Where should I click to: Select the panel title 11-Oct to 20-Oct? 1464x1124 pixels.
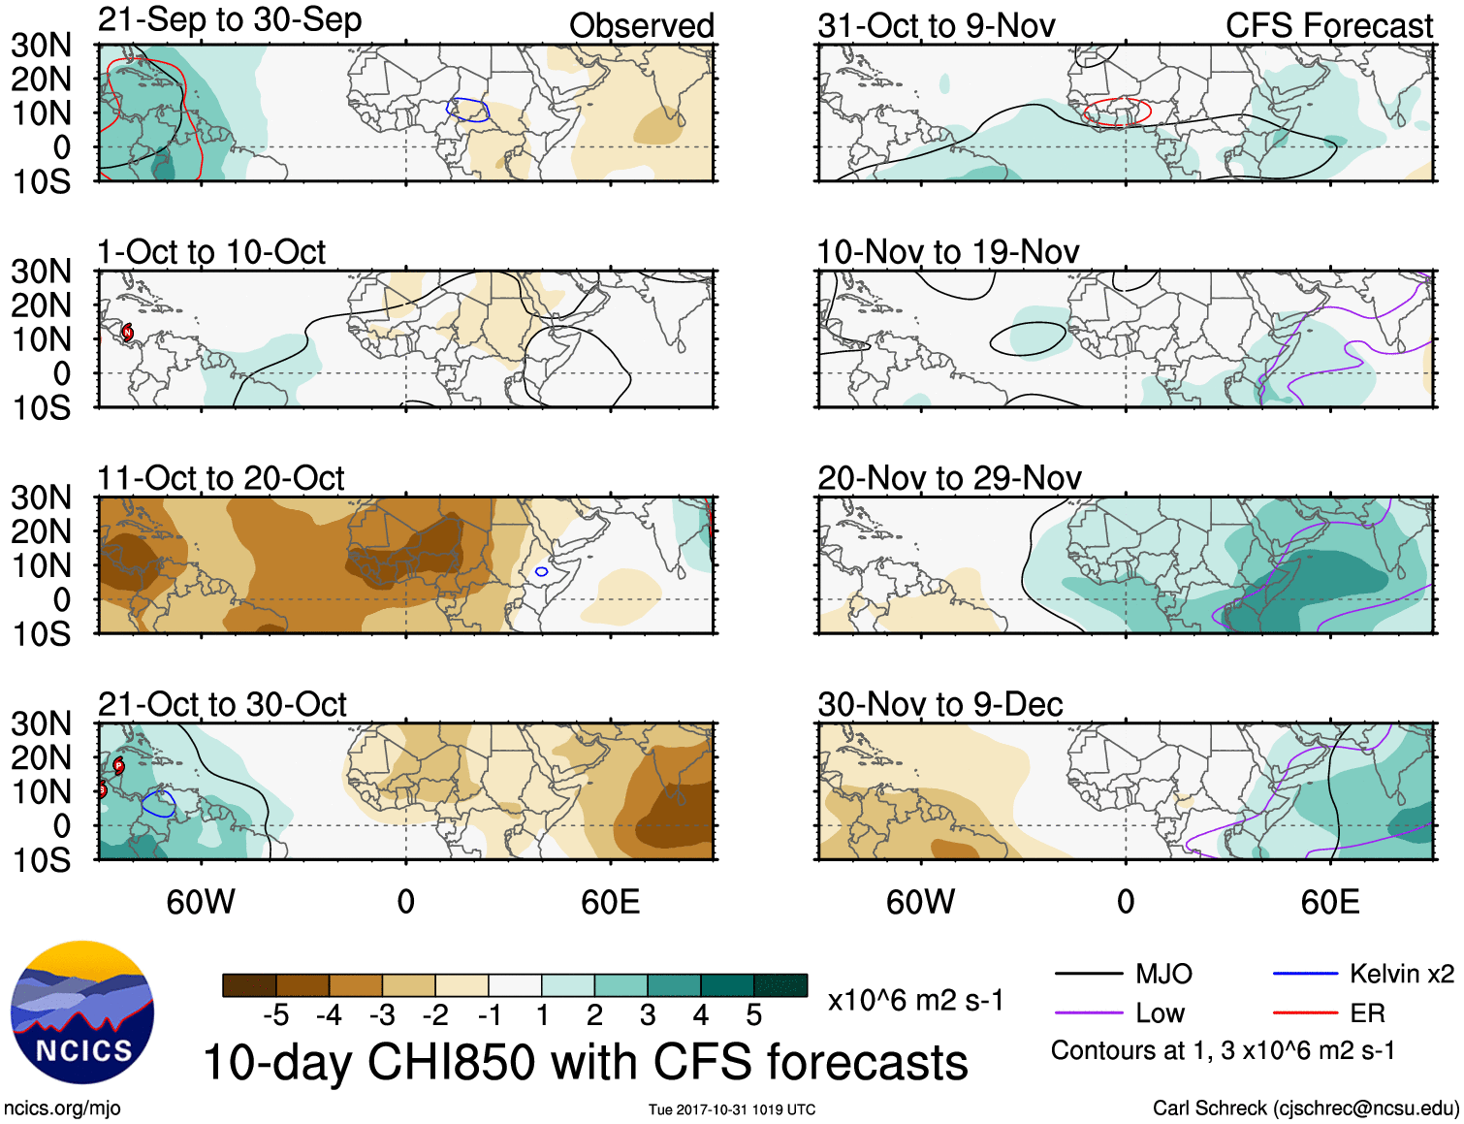tap(221, 479)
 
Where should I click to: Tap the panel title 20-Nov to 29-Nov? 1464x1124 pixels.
tap(949, 479)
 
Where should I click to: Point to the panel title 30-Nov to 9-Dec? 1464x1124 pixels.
tap(939, 705)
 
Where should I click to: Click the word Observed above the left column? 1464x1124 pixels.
tap(641, 26)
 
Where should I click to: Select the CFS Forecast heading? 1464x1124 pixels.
tap(1328, 26)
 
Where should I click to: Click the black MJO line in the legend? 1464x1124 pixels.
tap(1088, 974)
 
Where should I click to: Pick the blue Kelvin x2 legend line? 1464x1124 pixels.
tap(1305, 974)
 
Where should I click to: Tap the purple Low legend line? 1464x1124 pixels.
tap(1088, 1013)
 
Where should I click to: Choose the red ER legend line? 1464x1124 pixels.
tap(1305, 1013)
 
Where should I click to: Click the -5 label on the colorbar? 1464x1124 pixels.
tap(275, 1015)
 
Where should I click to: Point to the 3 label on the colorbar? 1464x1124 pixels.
tap(648, 1015)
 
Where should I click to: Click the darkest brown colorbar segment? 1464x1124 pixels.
tap(248, 985)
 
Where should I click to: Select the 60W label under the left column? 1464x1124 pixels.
tap(201, 902)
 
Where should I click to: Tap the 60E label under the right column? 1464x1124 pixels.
tap(1329, 902)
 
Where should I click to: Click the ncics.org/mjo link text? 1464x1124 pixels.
tap(62, 1108)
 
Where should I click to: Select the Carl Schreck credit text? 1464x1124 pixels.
tap(1305, 1108)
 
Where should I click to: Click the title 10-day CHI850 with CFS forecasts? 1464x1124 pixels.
tap(586, 1062)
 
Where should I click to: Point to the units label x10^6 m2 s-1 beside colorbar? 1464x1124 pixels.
tap(915, 1000)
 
